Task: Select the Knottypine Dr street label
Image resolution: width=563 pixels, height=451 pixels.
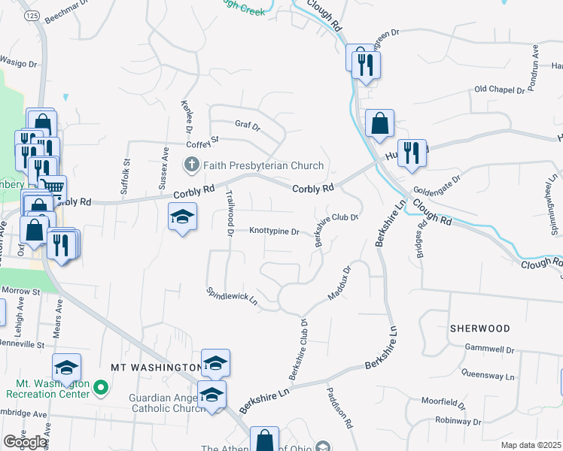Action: (275, 232)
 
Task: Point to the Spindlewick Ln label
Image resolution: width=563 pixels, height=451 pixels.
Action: (233, 296)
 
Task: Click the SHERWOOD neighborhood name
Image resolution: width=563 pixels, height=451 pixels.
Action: (479, 328)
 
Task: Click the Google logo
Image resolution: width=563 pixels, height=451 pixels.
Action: (24, 441)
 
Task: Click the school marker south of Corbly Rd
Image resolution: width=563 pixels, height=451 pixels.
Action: (182, 217)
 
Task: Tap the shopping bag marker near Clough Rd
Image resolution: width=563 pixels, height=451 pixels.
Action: (380, 124)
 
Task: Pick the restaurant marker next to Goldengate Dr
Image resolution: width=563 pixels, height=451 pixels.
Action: (412, 153)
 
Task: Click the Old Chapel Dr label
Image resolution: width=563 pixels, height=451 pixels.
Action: (499, 90)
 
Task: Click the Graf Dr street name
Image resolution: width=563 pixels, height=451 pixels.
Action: (247, 126)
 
